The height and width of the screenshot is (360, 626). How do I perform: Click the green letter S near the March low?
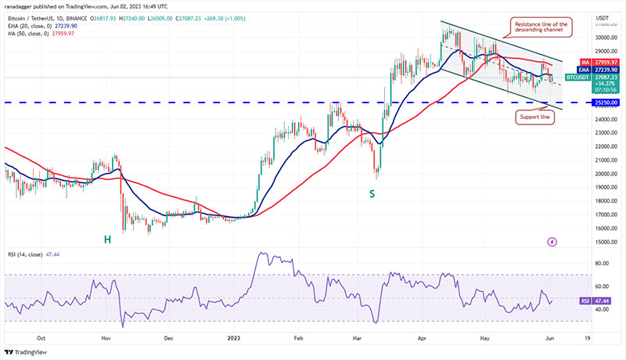(373, 193)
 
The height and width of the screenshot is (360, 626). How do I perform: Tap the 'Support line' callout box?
(533, 117)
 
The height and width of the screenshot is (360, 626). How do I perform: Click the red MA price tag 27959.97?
(606, 62)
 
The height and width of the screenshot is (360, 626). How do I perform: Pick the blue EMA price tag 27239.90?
(606, 70)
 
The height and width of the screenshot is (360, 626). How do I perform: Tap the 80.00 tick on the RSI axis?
(604, 265)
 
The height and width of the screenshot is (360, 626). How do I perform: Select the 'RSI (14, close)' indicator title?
(30, 257)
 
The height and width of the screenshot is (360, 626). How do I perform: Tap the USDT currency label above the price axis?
(603, 17)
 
